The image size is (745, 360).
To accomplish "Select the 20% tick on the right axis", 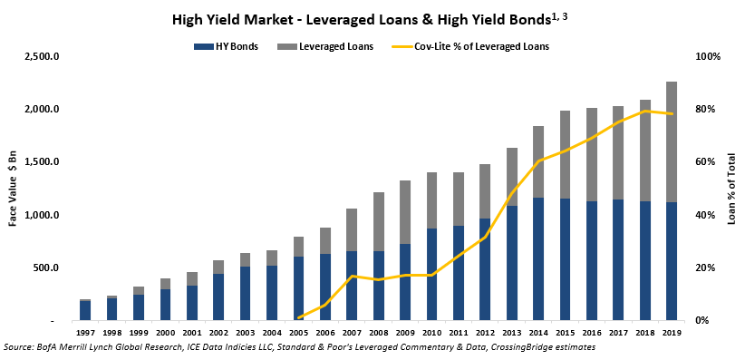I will (705, 268).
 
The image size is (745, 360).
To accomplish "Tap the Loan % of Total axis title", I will (730, 189).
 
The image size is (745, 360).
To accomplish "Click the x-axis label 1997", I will (85, 334).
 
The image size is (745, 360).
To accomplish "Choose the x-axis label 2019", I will (671, 334).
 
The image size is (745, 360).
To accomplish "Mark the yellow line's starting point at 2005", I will (299, 317).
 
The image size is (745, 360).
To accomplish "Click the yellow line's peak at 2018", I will (645, 111).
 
